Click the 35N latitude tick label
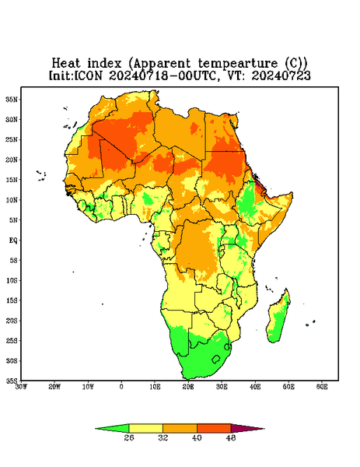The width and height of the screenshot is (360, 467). (12, 99)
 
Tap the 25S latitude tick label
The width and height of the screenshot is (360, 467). (12, 340)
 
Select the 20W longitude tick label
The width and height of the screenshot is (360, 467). (54, 387)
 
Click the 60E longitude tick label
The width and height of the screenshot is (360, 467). (322, 387)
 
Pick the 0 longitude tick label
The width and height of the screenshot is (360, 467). (121, 387)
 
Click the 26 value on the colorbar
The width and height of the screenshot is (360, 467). (129, 437)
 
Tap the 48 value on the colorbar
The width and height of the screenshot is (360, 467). (231, 437)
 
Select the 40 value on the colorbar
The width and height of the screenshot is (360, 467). (197, 437)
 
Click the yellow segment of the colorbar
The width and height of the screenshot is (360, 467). (145, 428)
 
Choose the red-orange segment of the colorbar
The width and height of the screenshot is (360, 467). (214, 428)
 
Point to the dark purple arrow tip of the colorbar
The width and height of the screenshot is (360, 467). (247, 429)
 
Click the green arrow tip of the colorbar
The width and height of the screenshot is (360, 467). (112, 429)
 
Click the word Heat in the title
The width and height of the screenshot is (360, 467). (66, 63)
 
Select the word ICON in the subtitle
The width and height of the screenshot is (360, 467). (89, 75)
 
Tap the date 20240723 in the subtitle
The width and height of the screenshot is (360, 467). (281, 75)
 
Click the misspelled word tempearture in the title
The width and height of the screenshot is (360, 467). (238, 64)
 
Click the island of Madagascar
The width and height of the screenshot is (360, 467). (278, 318)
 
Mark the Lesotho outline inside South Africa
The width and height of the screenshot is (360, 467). (216, 359)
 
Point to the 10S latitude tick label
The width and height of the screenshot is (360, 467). (12, 280)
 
